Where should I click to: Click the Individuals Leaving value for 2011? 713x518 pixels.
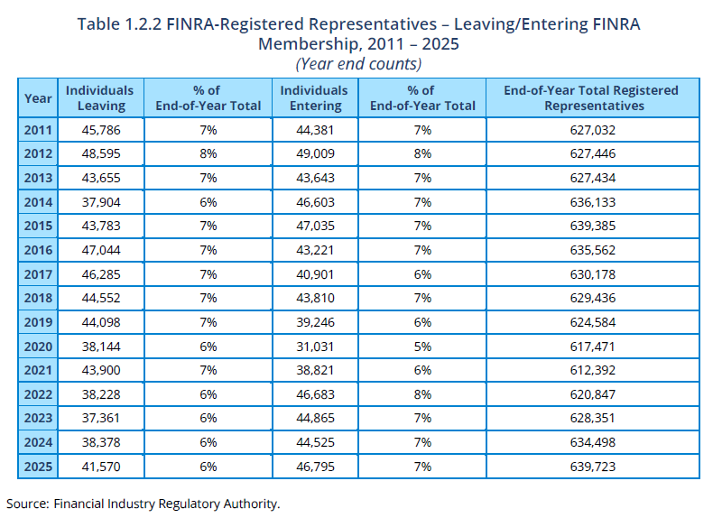(x=101, y=130)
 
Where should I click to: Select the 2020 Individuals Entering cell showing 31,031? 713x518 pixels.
(x=315, y=347)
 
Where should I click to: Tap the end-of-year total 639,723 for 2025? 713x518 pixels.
(x=592, y=467)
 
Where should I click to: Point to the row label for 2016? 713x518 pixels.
(x=38, y=250)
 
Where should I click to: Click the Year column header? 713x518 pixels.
(x=38, y=98)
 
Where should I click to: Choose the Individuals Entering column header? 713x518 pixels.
(x=314, y=97)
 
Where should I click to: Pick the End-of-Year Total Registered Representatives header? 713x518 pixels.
(x=592, y=97)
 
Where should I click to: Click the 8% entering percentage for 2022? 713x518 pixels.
(x=422, y=394)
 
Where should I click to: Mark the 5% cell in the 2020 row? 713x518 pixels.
(x=422, y=347)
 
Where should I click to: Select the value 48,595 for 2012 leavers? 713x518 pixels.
(x=101, y=153)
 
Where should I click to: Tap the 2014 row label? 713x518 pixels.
(x=38, y=202)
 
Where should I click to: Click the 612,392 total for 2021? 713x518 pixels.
(x=592, y=370)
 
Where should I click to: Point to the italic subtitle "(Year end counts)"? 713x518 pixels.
(x=358, y=64)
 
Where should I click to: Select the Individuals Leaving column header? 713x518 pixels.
(x=100, y=97)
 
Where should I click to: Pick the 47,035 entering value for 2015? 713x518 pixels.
(x=315, y=226)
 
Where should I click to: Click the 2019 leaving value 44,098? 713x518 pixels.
(x=101, y=322)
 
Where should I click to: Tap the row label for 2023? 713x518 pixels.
(x=38, y=419)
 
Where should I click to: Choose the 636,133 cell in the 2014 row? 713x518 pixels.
(x=592, y=202)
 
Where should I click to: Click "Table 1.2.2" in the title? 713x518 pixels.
(x=119, y=24)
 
